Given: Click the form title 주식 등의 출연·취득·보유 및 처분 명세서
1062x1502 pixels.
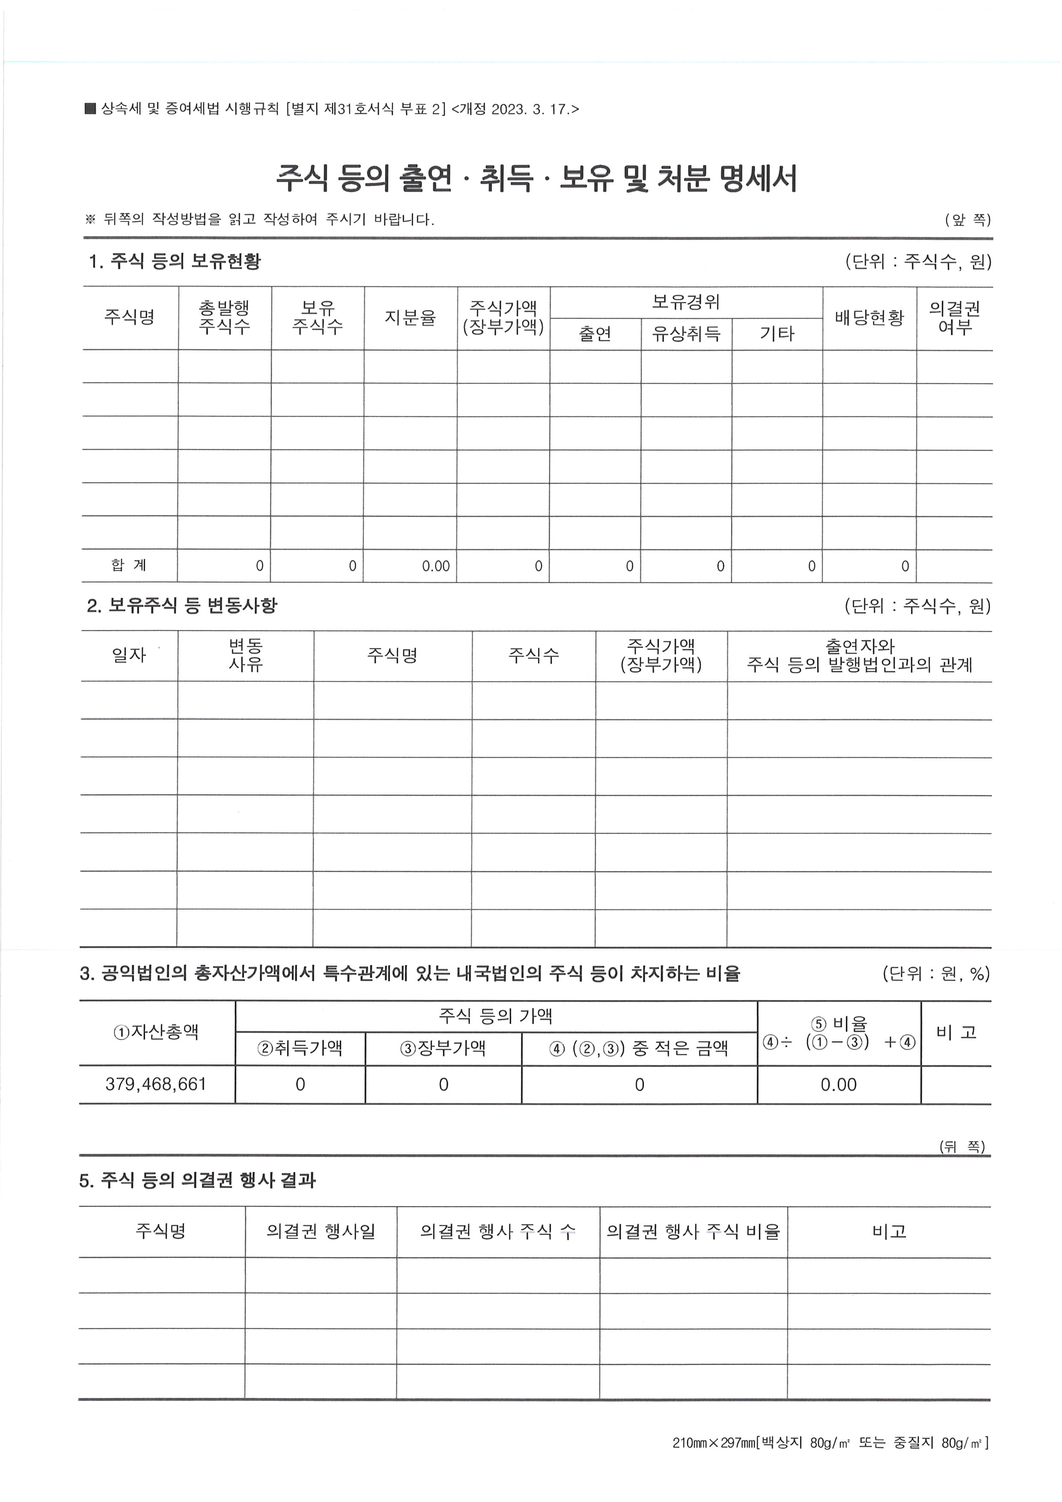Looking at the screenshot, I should pyautogui.click(x=536, y=178).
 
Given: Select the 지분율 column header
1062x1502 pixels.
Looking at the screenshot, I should pyautogui.click(x=410, y=318).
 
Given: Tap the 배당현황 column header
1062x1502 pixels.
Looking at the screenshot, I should pyautogui.click(x=869, y=318).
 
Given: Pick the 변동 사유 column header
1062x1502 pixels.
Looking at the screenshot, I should pyautogui.click(x=245, y=655).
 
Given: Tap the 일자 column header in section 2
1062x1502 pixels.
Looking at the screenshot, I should pyautogui.click(x=129, y=655).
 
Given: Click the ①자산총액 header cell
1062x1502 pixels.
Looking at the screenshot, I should pyautogui.click(x=156, y=1032).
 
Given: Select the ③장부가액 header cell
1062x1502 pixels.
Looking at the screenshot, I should pyautogui.click(x=443, y=1048).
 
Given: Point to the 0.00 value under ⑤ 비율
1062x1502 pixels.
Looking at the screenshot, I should pyautogui.click(x=838, y=1084).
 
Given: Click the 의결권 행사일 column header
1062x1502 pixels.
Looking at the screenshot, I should pyautogui.click(x=320, y=1232).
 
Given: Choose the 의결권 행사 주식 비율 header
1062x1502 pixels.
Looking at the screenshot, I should pyautogui.click(x=693, y=1232).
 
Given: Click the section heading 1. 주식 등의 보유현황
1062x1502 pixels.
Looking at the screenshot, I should pyautogui.click(x=175, y=262).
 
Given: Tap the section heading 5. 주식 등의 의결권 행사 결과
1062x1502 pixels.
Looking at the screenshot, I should pyautogui.click(x=197, y=1180).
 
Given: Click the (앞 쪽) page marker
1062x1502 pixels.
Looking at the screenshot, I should pyautogui.click(x=967, y=220).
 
